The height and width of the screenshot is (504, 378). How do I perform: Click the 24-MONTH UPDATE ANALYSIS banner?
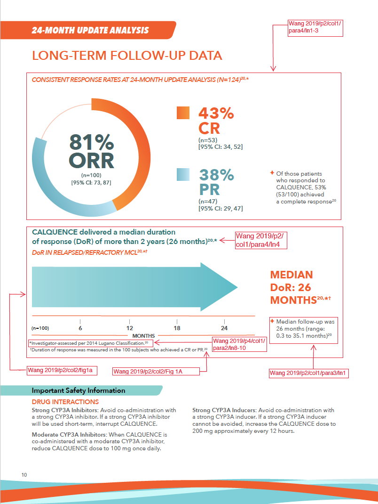pyautogui.click(x=90, y=31)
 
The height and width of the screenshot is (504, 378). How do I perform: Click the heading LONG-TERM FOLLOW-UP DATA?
pyautogui.click(x=127, y=56)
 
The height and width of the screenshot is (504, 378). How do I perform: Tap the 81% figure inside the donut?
pyautogui.click(x=92, y=143)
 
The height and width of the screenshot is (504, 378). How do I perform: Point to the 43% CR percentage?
pyautogui.click(x=216, y=114)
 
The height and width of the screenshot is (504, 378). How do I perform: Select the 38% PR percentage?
pyautogui.click(x=216, y=175)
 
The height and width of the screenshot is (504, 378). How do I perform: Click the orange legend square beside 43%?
pyautogui.click(x=183, y=113)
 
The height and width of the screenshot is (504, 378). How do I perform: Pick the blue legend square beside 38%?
pyautogui.click(x=183, y=175)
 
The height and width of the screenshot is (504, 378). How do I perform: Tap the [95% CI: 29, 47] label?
pyautogui.click(x=220, y=208)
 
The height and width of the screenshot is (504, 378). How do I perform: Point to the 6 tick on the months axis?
pyautogui.click(x=80, y=328)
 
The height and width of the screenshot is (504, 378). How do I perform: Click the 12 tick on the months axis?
pyautogui.click(x=129, y=328)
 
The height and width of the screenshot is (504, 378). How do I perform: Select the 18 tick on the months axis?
pyautogui.click(x=177, y=328)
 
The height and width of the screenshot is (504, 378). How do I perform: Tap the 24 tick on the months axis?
pyautogui.click(x=224, y=328)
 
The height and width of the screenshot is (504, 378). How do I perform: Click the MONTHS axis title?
pyautogui.click(x=144, y=336)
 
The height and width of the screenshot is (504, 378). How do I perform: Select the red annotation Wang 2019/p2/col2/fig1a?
pyautogui.click(x=63, y=370)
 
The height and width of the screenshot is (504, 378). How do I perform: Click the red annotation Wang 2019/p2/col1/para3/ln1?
pyautogui.click(x=309, y=373)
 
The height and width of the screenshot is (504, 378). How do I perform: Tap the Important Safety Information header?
pyautogui.click(x=79, y=390)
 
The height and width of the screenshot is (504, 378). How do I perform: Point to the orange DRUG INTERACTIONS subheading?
pyautogui.click(x=65, y=402)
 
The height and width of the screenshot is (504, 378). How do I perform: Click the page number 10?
pyautogui.click(x=24, y=475)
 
